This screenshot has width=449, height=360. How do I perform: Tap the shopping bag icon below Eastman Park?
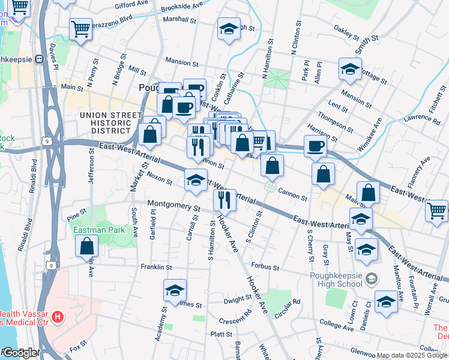(88, 245)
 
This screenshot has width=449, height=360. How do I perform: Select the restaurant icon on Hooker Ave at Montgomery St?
(225, 200)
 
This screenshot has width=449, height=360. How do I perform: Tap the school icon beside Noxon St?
(196, 180)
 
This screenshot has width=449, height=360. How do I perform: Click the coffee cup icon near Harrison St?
(315, 145)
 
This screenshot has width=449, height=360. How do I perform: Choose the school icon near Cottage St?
(350, 68)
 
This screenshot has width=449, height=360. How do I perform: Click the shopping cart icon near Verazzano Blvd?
(80, 29)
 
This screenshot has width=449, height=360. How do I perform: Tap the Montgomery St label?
(173, 205)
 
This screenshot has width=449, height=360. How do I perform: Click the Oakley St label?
(346, 29)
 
